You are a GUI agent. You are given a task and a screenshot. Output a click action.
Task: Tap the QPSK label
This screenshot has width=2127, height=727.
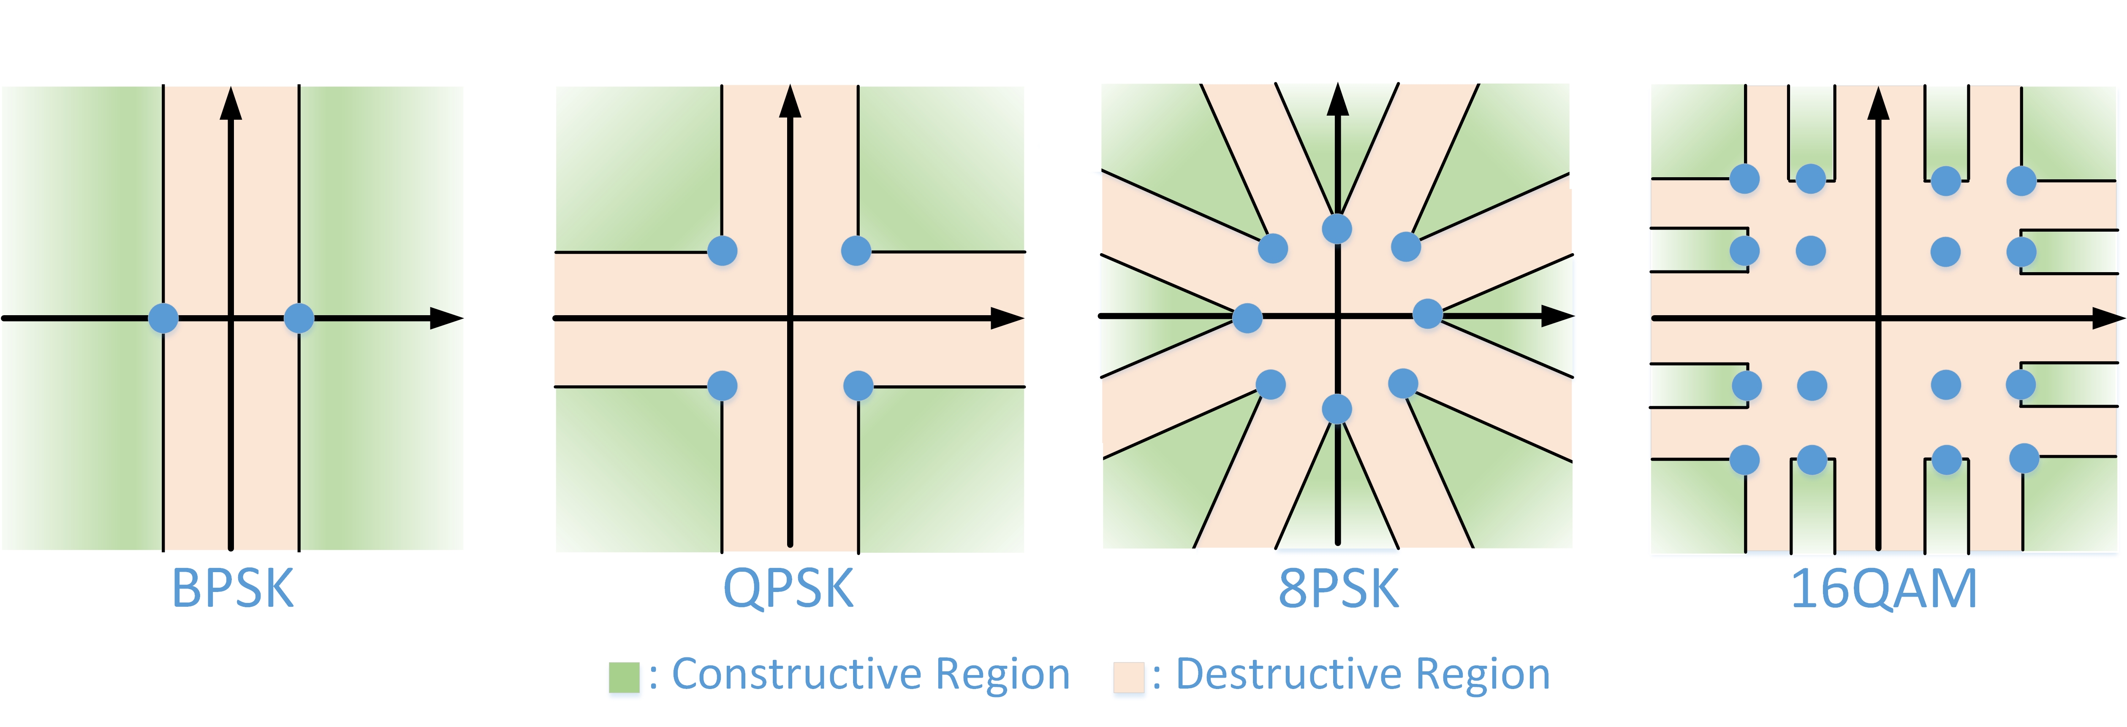(x=788, y=589)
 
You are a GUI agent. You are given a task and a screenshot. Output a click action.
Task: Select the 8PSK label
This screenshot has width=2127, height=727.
(x=1339, y=589)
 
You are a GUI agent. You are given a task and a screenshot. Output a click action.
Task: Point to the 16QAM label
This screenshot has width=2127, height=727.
(x=1883, y=589)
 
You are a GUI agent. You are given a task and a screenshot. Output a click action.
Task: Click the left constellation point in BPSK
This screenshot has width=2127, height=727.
(x=163, y=318)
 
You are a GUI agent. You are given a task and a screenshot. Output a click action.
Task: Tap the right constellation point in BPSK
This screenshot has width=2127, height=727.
(x=299, y=318)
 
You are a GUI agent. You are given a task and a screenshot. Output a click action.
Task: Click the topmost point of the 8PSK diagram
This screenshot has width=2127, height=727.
(x=1337, y=229)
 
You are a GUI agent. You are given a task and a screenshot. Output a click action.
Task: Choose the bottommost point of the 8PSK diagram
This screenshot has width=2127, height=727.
(x=1337, y=408)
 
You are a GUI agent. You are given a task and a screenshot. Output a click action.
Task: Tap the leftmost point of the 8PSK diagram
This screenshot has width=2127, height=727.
(x=1247, y=318)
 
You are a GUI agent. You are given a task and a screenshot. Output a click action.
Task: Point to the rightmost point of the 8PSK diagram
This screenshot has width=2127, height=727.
(x=1428, y=314)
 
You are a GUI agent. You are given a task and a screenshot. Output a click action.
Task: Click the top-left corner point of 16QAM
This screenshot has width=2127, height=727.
(x=1745, y=178)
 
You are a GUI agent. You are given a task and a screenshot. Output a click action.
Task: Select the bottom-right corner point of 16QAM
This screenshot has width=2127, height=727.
(x=2024, y=458)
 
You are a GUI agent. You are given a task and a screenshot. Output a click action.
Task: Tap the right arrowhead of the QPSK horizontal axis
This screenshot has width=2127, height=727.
(x=1008, y=318)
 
